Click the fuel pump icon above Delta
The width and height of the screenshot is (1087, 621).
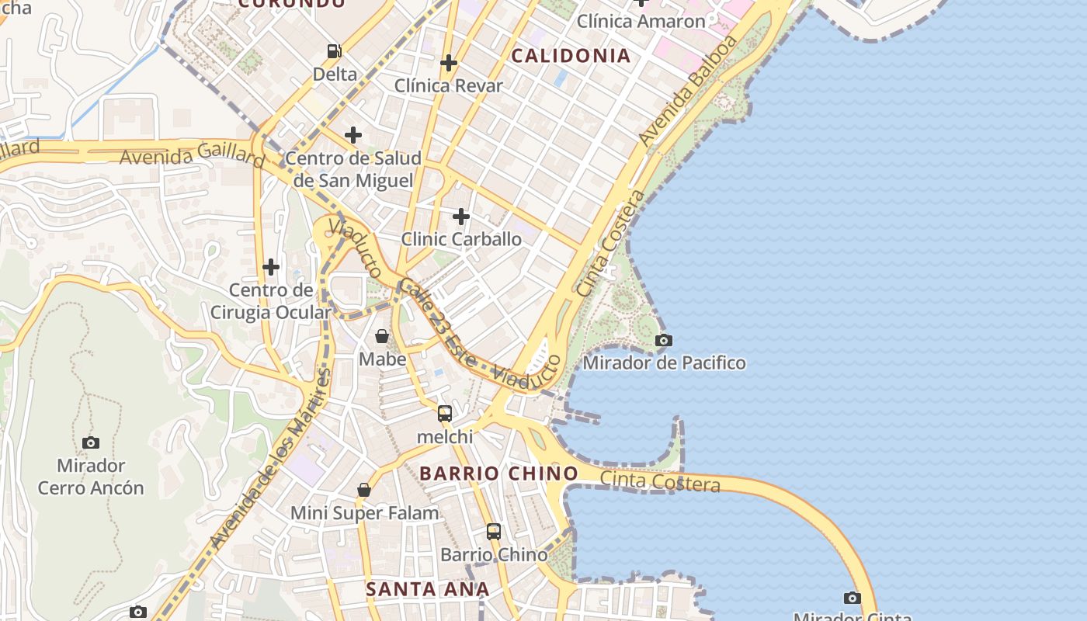click(x=335, y=51)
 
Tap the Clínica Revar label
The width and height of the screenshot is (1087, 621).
click(x=449, y=85)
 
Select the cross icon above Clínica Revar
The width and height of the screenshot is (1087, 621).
click(x=449, y=63)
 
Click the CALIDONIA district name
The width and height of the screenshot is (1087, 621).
click(x=571, y=56)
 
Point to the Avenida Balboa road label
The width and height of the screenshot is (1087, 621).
click(x=687, y=91)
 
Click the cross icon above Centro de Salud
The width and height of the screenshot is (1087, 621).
click(x=353, y=135)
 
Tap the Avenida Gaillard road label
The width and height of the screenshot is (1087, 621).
click(x=193, y=156)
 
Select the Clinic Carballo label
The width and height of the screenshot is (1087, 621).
click(x=461, y=239)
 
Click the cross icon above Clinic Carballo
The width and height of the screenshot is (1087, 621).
click(x=461, y=216)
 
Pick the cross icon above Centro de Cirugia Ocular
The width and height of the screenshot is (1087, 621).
click(x=271, y=267)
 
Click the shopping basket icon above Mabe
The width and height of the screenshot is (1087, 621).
click(x=382, y=336)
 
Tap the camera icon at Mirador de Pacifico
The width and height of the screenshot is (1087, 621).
click(x=664, y=340)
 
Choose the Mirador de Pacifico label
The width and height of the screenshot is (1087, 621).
click(x=664, y=363)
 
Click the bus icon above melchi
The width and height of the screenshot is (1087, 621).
click(x=445, y=414)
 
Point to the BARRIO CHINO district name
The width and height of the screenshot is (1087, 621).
click(x=499, y=474)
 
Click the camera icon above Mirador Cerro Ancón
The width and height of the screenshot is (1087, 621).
click(x=91, y=442)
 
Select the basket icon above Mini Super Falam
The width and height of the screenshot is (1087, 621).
click(x=364, y=490)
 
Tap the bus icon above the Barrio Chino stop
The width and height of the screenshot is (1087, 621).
click(x=494, y=532)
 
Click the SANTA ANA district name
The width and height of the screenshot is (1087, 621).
click(x=427, y=589)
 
